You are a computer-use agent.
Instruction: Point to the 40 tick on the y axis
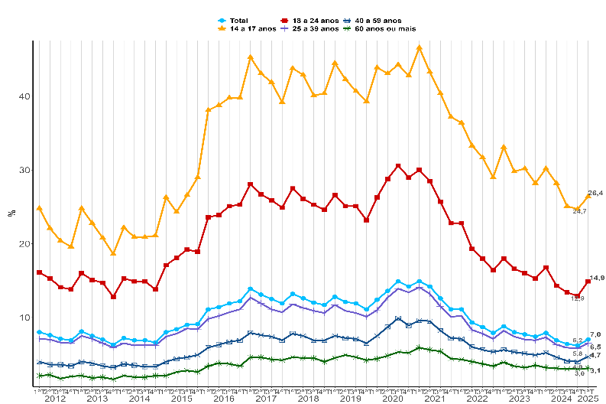click(x=24, y=96)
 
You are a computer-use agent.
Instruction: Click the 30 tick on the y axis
click(x=24, y=170)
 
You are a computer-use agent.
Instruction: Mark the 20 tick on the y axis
click(x=24, y=243)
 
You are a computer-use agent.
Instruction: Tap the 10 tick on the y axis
click(x=24, y=317)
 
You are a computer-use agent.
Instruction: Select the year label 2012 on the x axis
click(x=55, y=399)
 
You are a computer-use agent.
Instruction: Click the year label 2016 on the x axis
click(x=224, y=399)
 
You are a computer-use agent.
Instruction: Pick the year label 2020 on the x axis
click(x=393, y=399)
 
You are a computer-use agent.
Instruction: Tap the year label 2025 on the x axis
click(x=588, y=399)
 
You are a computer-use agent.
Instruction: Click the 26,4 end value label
click(x=596, y=193)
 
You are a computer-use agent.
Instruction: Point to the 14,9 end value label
click(x=597, y=278)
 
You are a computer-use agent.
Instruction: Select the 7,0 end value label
click(x=595, y=334)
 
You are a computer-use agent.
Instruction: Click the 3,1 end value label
click(x=595, y=370)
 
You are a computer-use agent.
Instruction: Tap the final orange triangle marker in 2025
click(x=588, y=196)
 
